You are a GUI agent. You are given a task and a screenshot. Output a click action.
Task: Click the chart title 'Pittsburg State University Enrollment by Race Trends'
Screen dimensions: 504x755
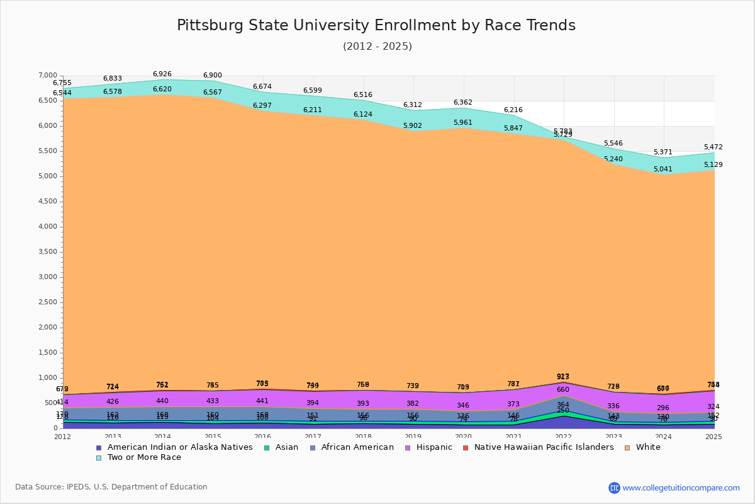coord(376,25)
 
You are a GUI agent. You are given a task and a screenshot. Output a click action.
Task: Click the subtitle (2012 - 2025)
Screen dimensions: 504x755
coord(377,47)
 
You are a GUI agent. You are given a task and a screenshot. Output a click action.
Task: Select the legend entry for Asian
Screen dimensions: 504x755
coord(286,447)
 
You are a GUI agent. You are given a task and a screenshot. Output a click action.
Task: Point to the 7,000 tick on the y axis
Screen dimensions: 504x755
coord(48,76)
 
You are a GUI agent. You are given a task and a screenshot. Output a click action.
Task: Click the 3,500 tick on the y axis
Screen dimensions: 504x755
coord(48,252)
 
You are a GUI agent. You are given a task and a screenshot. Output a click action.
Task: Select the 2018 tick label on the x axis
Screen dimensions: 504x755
coord(364,437)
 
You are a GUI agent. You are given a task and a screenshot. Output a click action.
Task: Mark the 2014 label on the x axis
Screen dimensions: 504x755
coord(163,437)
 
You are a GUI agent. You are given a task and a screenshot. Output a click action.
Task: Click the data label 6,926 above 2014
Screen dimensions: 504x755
coord(162,74)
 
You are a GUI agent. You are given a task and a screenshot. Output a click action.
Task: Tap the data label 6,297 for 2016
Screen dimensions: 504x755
coord(262,106)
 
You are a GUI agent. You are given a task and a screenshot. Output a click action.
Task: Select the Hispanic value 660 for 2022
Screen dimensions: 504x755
coord(562,390)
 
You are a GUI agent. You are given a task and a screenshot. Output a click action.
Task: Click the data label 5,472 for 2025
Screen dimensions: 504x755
coord(713,147)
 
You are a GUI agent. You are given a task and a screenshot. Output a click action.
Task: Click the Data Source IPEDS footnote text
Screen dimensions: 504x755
coord(111,487)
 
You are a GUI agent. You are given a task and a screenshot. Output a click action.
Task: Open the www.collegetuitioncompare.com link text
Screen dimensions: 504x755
coord(681,488)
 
